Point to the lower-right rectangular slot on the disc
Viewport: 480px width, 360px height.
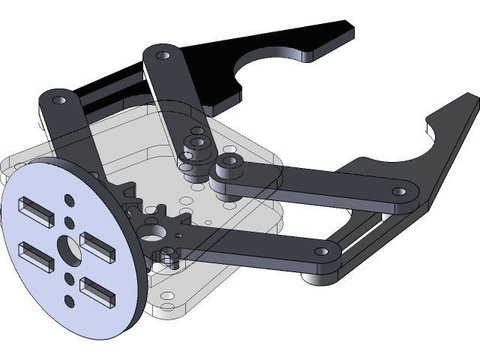[97, 292]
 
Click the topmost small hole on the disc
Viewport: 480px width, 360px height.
[68, 200]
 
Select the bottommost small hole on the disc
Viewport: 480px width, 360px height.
[69, 301]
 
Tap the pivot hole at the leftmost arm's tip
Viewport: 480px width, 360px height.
[56, 99]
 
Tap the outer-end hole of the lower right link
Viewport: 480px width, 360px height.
[322, 253]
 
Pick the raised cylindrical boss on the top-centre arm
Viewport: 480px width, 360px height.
[199, 142]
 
